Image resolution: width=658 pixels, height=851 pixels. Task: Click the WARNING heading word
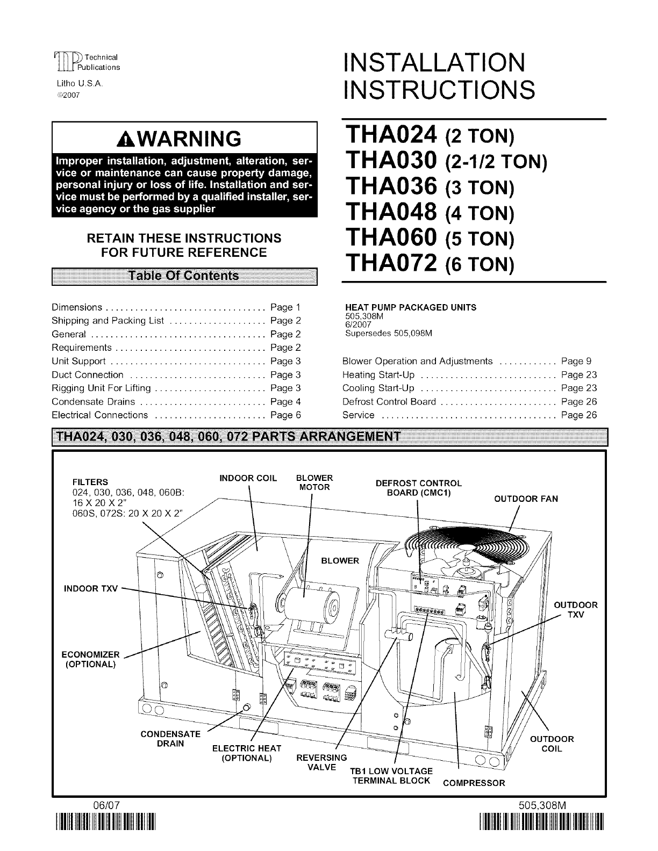click(x=185, y=139)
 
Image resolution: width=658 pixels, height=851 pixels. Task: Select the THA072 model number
click(x=390, y=263)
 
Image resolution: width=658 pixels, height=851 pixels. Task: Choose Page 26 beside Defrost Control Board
click(x=578, y=401)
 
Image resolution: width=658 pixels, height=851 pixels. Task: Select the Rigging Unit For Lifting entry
click(x=101, y=388)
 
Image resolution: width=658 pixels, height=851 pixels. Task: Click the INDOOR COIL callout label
click(x=249, y=478)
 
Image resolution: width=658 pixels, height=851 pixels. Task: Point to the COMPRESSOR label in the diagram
click(x=474, y=783)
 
